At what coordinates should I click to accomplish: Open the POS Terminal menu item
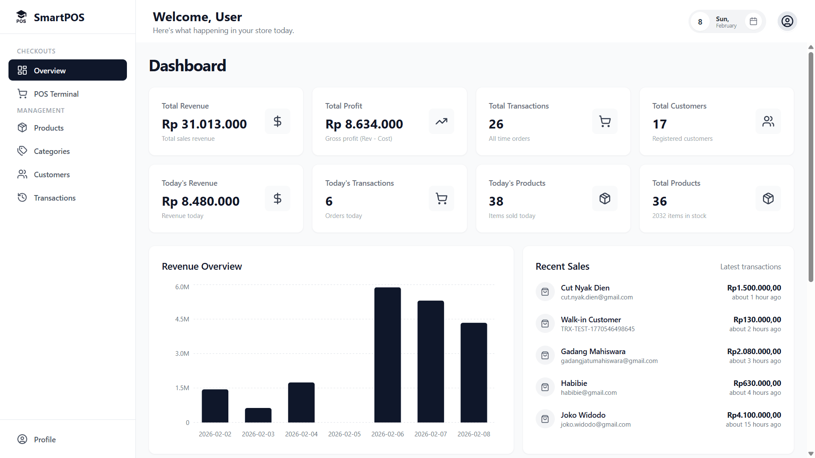tap(56, 94)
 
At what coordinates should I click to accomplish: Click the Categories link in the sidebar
tap(51, 151)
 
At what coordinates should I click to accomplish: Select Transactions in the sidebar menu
tap(54, 198)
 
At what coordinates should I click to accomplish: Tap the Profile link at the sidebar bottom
tap(45, 440)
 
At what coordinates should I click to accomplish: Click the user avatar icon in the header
tap(787, 21)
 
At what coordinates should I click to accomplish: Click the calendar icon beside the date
tap(753, 21)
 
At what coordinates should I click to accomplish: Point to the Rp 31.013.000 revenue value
tap(204, 124)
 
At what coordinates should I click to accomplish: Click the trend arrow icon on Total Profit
tap(441, 121)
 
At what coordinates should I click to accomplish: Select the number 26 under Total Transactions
tap(496, 124)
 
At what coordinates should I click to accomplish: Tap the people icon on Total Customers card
tap(768, 121)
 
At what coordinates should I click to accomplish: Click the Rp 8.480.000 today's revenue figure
tap(200, 201)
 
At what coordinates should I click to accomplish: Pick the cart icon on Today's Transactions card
tap(441, 198)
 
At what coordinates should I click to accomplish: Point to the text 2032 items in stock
tap(679, 216)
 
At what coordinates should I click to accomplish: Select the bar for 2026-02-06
tap(387, 355)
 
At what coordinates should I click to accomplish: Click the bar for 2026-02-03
tap(258, 415)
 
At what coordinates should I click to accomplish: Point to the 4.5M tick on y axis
tap(182, 319)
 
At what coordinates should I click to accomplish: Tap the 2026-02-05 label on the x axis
tap(344, 434)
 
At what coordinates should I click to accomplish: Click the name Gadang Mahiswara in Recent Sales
tap(593, 352)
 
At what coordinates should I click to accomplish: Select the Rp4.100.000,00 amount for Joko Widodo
tap(754, 415)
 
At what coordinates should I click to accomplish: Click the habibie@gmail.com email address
tap(589, 393)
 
